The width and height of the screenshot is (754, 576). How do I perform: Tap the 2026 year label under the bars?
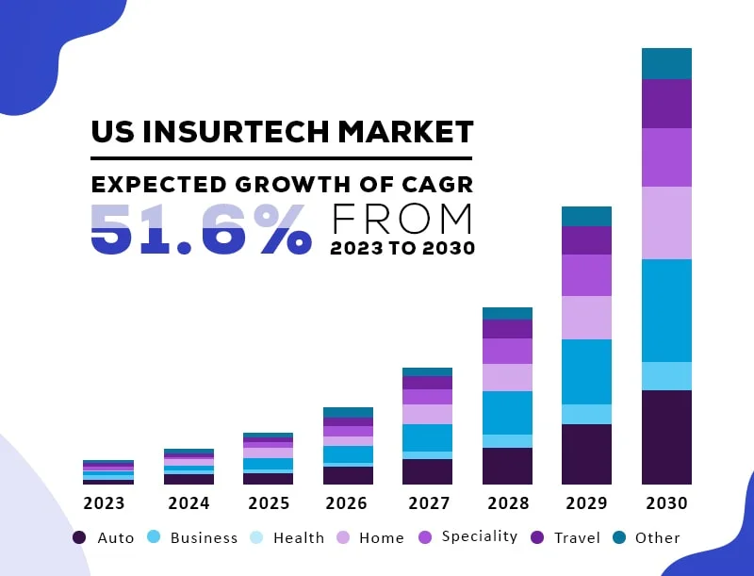347,503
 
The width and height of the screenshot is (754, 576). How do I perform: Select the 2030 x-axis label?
666,503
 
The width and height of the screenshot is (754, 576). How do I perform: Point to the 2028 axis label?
507,503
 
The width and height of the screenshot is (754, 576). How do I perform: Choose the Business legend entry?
192,537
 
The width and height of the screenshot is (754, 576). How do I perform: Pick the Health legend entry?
287,537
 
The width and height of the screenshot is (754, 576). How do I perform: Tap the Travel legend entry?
566,537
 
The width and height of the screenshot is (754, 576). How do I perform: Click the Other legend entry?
647,537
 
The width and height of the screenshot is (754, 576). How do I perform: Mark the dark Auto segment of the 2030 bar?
666,436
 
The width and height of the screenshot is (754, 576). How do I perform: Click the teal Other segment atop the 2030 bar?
666,63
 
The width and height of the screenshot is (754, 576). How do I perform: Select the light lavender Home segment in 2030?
666,222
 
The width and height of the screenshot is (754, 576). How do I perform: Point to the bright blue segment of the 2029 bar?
586,371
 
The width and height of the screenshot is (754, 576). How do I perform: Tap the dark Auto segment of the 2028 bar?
507,466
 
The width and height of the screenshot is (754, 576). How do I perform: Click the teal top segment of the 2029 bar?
586,216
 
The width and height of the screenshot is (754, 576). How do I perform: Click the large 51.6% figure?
200,229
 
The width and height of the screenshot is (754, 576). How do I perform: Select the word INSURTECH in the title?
232,131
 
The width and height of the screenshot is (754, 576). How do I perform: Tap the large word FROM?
402,219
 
